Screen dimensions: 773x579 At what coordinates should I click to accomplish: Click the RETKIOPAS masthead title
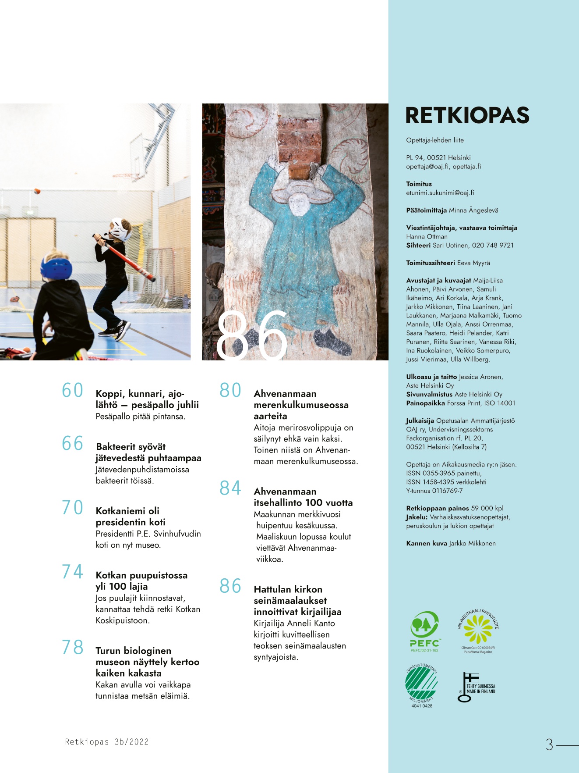click(467, 115)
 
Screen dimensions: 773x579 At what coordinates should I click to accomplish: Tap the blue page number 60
click(72, 390)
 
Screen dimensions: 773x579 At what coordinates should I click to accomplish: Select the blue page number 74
click(72, 572)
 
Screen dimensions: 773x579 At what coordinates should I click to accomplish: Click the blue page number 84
click(230, 488)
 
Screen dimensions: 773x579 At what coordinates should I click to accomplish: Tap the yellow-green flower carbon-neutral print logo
click(478, 629)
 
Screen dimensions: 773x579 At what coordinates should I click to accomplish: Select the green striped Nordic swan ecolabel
click(421, 683)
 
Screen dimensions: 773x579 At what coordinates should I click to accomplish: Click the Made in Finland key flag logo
click(476, 687)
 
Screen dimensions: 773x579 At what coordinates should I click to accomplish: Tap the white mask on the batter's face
click(120, 229)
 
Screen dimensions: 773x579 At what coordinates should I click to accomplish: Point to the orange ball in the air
click(37, 191)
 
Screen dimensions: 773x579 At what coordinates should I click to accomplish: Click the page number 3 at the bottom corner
click(549, 745)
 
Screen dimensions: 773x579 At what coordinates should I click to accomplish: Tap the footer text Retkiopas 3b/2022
click(107, 742)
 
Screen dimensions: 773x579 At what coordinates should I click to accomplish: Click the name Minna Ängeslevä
click(473, 210)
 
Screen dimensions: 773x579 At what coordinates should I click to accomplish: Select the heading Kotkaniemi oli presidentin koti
click(131, 517)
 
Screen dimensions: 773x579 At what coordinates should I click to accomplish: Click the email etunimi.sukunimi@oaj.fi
click(440, 193)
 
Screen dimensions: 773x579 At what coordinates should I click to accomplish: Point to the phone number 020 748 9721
click(492, 246)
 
